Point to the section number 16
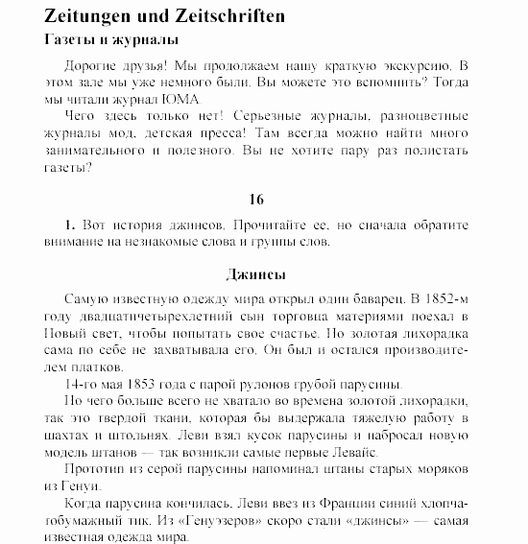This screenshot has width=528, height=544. tap(255, 200)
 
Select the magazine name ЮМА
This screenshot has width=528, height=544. tap(182, 100)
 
